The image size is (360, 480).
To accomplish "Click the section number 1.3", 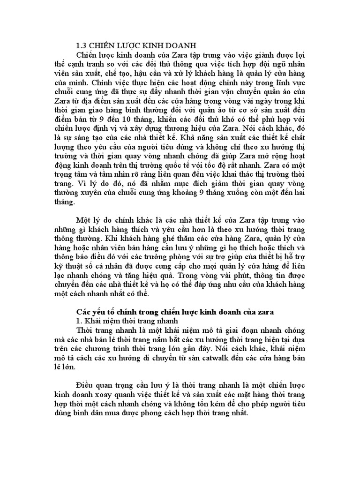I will tap(82, 45).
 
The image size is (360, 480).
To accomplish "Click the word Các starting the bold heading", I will tap(83, 312).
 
